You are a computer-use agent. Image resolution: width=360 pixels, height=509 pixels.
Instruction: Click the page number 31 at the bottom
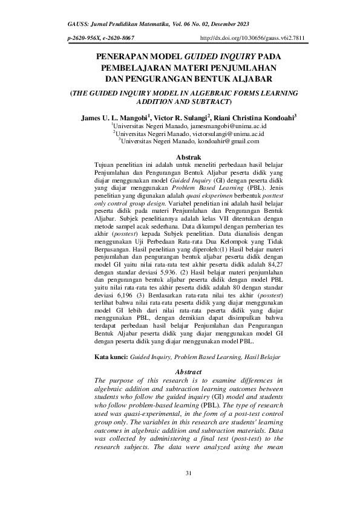188,473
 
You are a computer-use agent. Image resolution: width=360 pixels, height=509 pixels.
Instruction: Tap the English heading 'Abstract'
188,371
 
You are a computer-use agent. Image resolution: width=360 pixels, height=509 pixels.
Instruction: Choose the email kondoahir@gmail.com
227,141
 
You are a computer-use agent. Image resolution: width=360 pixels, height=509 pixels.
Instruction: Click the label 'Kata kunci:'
112,357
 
